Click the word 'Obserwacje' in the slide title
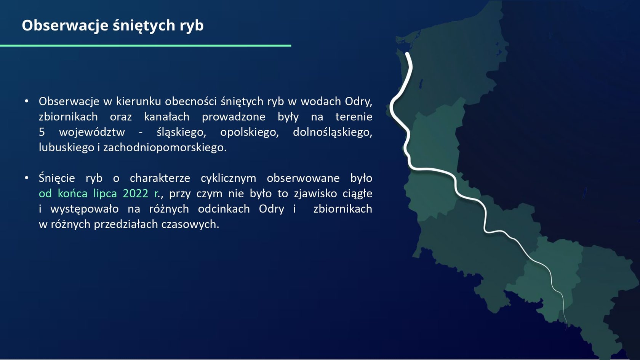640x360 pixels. point(65,25)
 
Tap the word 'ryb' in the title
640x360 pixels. point(191,26)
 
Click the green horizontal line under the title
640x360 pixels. point(146,45)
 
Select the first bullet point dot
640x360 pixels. point(27,101)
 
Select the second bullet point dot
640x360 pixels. point(27,178)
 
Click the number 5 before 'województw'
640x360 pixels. point(42,132)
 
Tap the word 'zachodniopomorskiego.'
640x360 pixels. point(165,148)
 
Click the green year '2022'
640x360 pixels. point(136,194)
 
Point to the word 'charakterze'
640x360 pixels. point(160,178)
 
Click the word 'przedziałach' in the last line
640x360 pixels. point(126,225)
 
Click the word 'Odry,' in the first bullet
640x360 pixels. point(358,102)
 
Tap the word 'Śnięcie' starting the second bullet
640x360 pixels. point(57,178)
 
